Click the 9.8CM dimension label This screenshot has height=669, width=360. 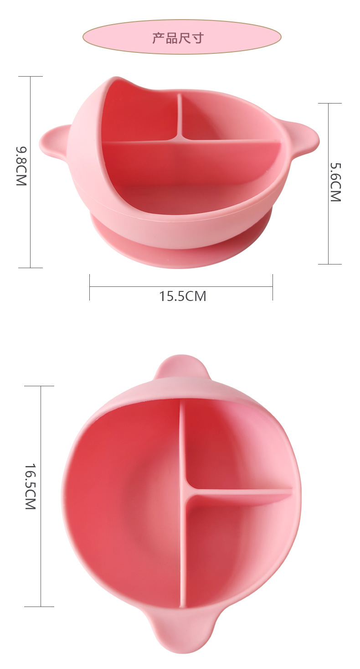click(21, 166)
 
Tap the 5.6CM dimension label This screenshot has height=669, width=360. click(335, 182)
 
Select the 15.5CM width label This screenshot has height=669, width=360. click(182, 296)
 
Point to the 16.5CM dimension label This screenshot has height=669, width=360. click(30, 487)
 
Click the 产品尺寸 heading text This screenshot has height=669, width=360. click(178, 38)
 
